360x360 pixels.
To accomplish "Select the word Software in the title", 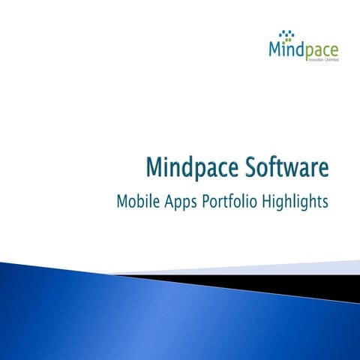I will point(286,169).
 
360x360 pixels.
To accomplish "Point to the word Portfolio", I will point(232,202).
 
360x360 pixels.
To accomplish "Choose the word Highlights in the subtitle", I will point(298,203).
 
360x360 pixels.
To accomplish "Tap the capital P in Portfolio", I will point(206,202).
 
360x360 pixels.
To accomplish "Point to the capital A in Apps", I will point(169,202).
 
